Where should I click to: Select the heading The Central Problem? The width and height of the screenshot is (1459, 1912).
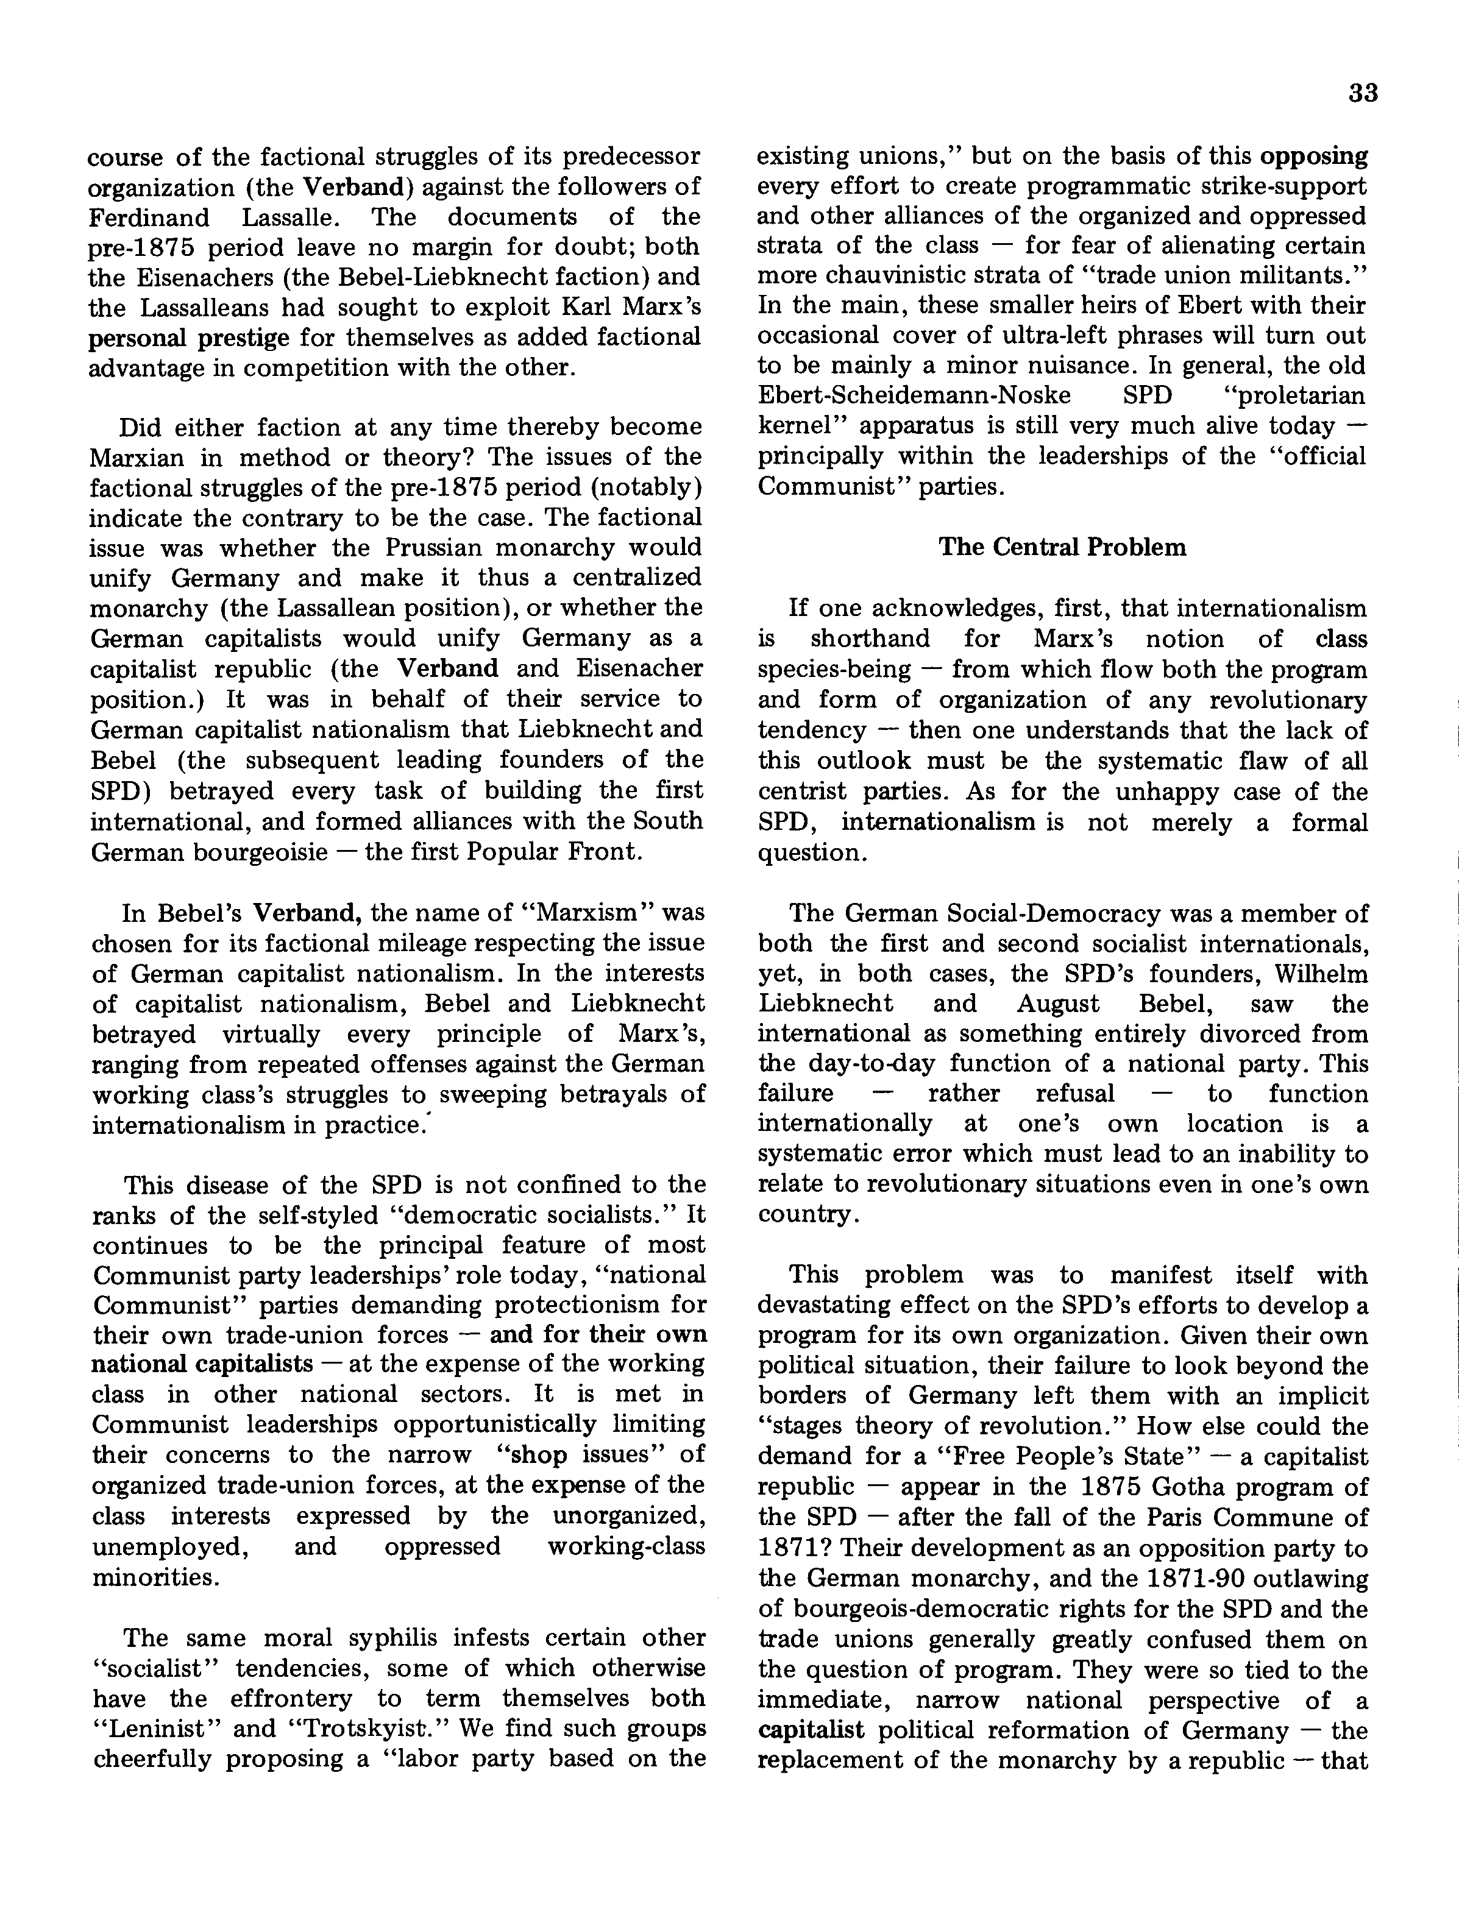(x=1062, y=547)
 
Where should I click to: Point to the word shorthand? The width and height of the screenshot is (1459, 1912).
(x=869, y=639)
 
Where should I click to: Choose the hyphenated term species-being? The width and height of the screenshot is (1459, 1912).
(x=834, y=670)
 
